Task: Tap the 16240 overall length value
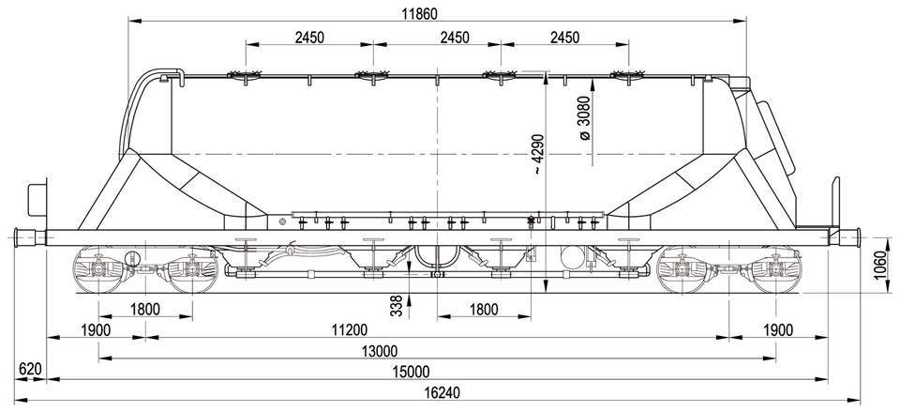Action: [x=444, y=392]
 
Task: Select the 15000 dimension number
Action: [x=411, y=372]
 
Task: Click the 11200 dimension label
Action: [x=349, y=329]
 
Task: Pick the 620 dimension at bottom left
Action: [x=30, y=369]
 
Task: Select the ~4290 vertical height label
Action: [x=538, y=155]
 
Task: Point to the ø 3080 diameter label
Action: [x=584, y=119]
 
